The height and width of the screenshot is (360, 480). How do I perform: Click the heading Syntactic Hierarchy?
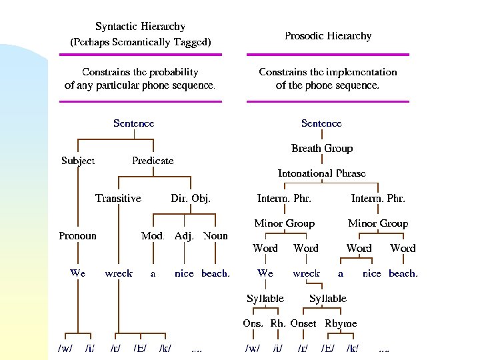tap(140, 27)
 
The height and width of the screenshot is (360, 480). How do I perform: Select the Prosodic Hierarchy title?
tap(328, 36)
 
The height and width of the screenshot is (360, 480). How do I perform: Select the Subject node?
tap(78, 161)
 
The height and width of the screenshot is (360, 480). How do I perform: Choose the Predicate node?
tap(153, 161)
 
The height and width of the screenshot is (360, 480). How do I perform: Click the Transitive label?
tap(118, 199)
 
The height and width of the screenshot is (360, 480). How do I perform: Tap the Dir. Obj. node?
tap(191, 199)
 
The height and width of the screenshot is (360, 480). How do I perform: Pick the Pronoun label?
tap(77, 236)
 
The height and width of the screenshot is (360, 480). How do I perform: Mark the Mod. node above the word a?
tap(153, 236)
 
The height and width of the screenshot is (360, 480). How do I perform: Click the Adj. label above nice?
tap(184, 236)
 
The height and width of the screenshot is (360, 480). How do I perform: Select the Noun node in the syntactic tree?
tap(215, 236)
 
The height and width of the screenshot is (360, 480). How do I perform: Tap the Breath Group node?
tap(322, 149)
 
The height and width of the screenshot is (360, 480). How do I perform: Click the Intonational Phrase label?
tap(322, 173)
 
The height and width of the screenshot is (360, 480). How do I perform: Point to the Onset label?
tap(303, 323)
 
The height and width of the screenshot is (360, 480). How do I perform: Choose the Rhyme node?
tap(341, 323)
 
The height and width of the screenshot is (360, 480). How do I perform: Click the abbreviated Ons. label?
tap(253, 323)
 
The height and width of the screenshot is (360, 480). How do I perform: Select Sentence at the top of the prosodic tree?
tap(321, 123)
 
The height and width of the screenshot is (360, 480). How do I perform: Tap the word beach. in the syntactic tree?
tap(215, 273)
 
